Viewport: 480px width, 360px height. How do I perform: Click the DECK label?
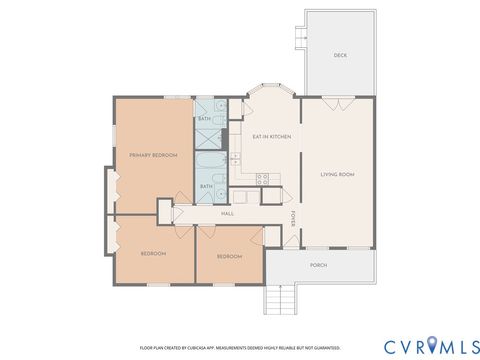pos(340,55)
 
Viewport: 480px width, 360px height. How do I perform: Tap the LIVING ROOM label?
pos(337,175)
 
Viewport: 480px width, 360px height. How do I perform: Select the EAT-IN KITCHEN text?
pos(271,136)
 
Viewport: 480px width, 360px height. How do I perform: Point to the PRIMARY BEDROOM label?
pos(152,154)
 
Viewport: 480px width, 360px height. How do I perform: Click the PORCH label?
pos(319,265)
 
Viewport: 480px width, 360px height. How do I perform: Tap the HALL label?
pos(227,214)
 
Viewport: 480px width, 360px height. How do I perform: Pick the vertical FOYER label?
pos(293,218)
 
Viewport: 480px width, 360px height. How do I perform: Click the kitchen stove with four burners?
pos(262,180)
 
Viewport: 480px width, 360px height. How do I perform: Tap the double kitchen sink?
pos(235,157)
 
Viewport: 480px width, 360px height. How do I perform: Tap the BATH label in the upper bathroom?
pos(204,119)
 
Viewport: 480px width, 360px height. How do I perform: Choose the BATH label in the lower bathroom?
pos(207,186)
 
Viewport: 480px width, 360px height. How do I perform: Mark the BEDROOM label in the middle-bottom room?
pos(229,256)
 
